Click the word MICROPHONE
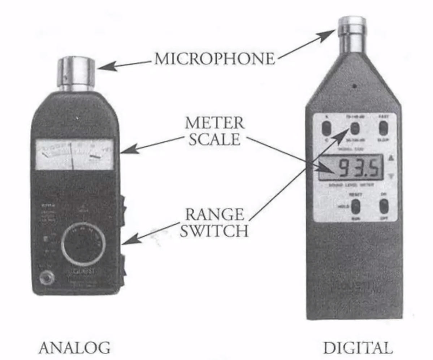[x=214, y=58]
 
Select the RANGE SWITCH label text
[x=214, y=223]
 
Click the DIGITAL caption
[x=356, y=348]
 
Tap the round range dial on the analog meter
[x=83, y=244]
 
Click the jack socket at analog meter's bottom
[x=48, y=278]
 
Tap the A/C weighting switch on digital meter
[x=327, y=128]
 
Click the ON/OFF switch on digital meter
[x=384, y=206]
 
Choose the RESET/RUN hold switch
[x=355, y=207]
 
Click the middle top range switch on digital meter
[x=355, y=128]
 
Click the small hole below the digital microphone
[x=355, y=86]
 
